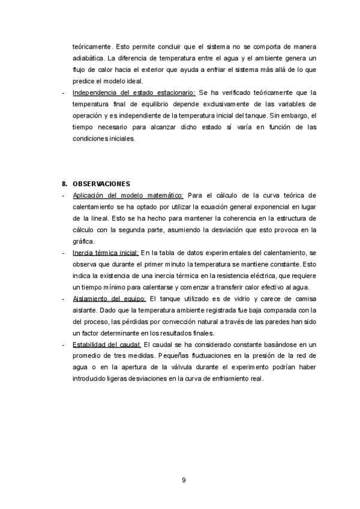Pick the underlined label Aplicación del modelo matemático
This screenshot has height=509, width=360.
click(128, 195)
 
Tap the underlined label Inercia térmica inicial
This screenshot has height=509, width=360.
click(106, 253)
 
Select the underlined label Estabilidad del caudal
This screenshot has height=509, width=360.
click(107, 344)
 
